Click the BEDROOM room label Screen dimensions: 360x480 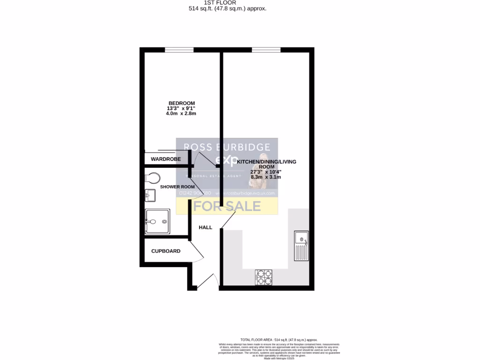(x=181, y=103)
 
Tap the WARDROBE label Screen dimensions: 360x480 (x=165, y=159)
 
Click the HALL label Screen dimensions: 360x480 (x=205, y=227)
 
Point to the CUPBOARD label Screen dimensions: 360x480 (x=165, y=251)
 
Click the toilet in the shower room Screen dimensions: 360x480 (x=152, y=178)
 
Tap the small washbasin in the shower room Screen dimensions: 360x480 (x=150, y=195)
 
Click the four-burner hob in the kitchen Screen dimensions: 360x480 (x=264, y=277)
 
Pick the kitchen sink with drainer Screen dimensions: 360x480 (x=301, y=246)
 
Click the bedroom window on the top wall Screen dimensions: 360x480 (x=179, y=50)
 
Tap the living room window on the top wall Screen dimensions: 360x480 (x=266, y=50)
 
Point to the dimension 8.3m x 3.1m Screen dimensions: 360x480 (x=265, y=177)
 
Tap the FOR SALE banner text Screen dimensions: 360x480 (x=227, y=206)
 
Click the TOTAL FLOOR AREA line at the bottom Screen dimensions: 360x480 (x=278, y=339)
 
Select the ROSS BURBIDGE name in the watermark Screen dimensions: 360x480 (x=227, y=147)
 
